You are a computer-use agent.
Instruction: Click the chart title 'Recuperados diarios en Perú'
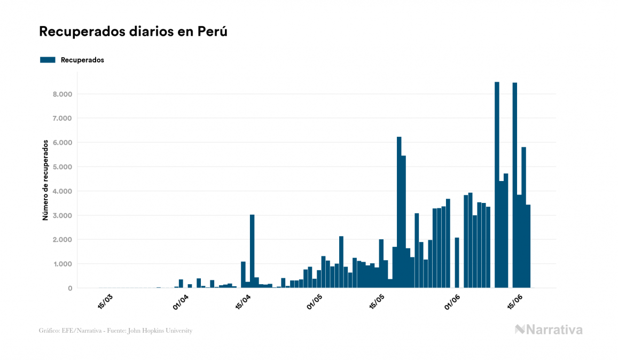tap(134, 32)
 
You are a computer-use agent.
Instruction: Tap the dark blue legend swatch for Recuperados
tap(48, 60)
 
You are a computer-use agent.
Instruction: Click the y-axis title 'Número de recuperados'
tap(46, 180)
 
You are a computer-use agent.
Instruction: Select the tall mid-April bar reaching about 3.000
tap(252, 251)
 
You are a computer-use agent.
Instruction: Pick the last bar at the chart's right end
tap(528, 246)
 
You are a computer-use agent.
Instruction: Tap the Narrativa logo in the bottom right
tap(549, 330)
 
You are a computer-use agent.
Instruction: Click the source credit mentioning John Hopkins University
tap(115, 331)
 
